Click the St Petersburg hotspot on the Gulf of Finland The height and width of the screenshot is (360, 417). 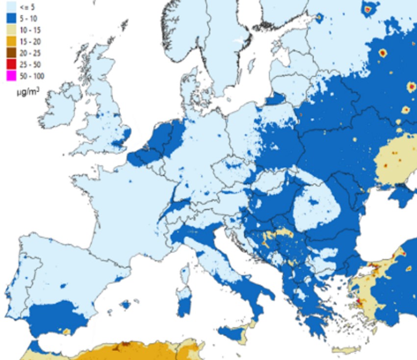(319, 18)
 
